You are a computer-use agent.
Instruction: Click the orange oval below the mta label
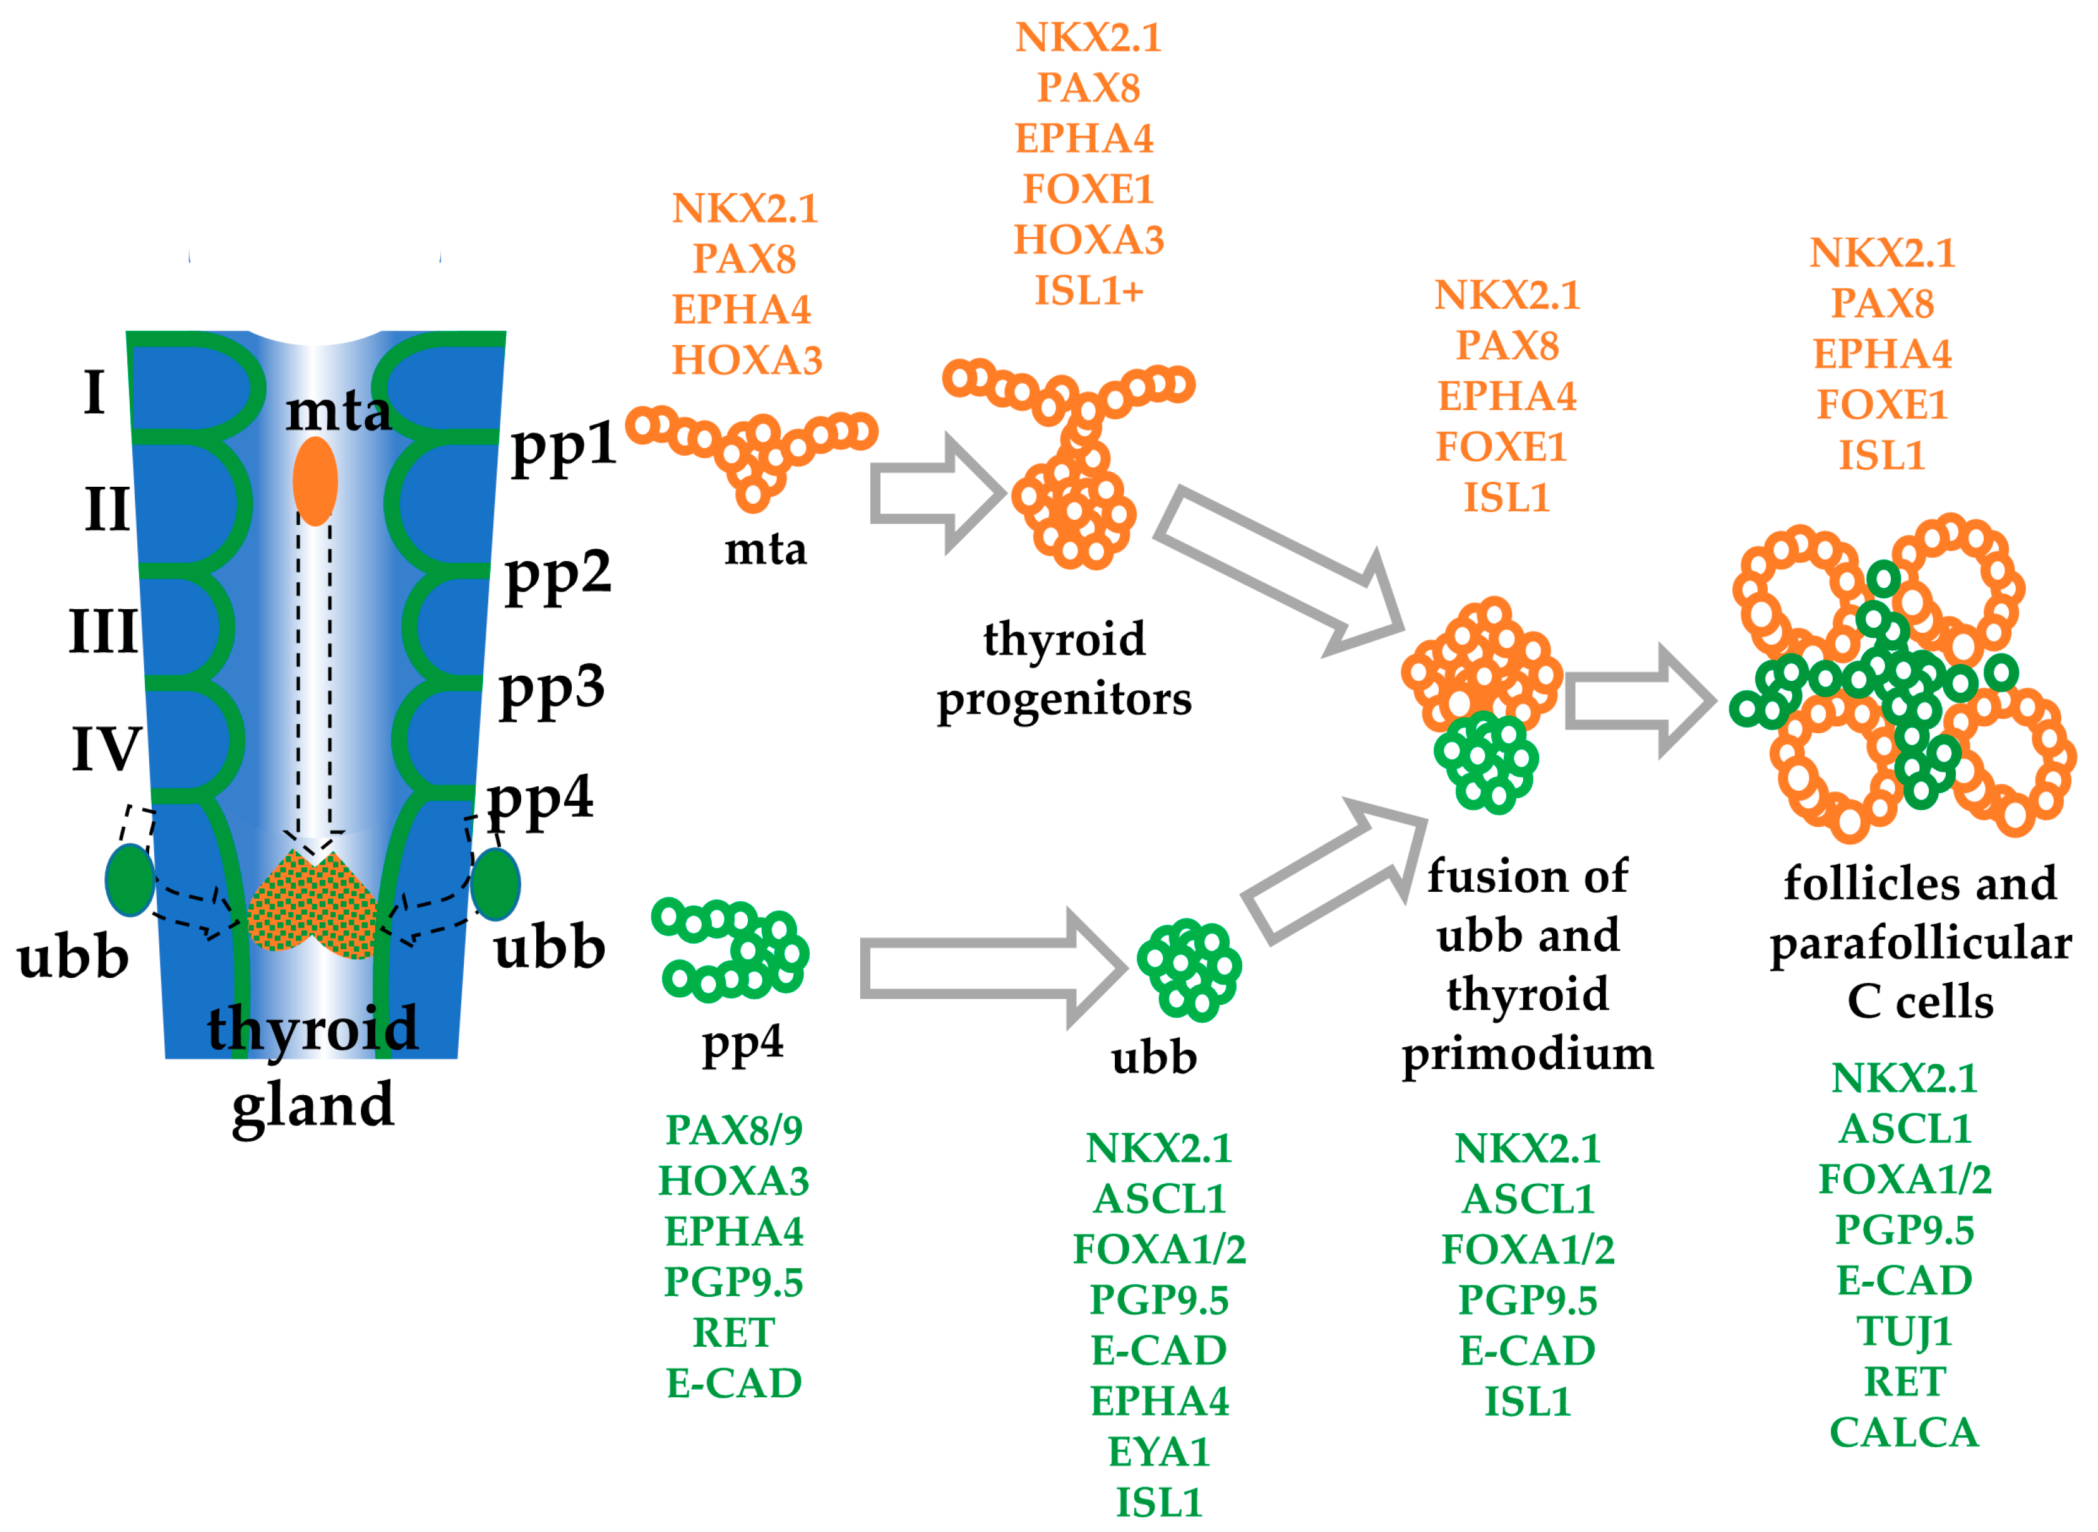315,481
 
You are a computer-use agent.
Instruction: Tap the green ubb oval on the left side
130,880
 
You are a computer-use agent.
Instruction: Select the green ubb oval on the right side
495,884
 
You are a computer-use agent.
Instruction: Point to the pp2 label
557,574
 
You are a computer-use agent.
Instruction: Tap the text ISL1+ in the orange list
1089,290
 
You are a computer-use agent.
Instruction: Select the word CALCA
1904,1433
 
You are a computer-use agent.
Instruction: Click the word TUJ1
1904,1332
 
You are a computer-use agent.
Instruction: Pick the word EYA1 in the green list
1159,1452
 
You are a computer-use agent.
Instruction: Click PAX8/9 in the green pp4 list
733,1129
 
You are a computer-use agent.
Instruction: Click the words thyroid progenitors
1064,668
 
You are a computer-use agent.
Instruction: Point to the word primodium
1527,1053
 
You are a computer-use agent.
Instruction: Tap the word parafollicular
1920,943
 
